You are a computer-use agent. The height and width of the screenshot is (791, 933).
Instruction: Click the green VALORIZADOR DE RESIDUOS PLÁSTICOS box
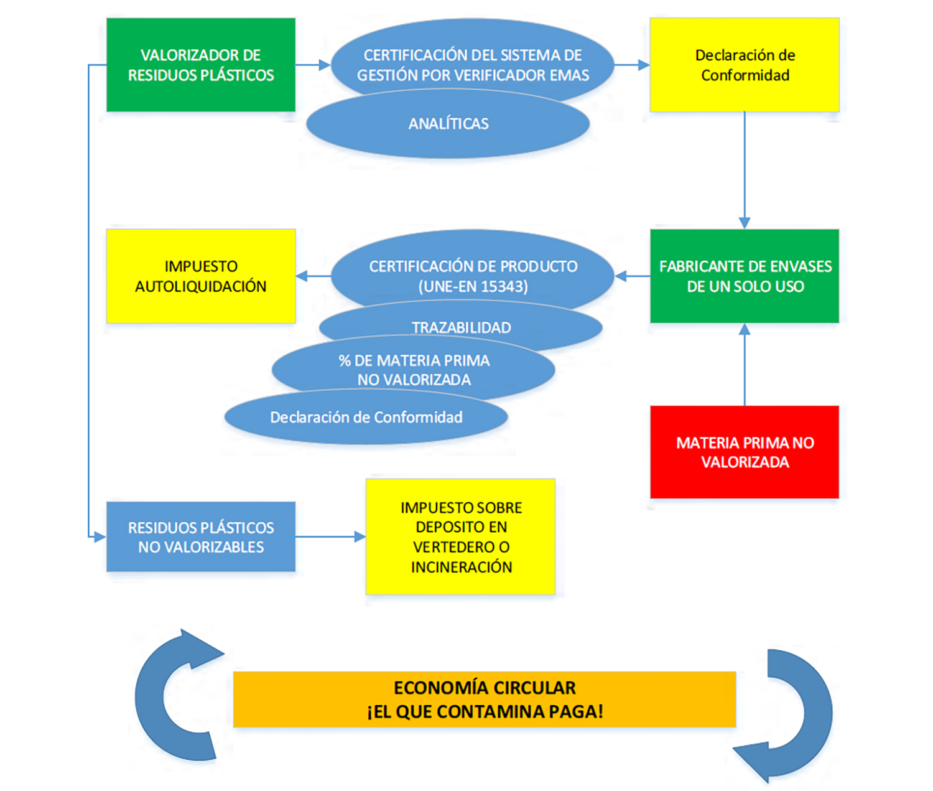(x=200, y=65)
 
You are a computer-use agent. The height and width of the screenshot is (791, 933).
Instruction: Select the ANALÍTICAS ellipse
(x=448, y=124)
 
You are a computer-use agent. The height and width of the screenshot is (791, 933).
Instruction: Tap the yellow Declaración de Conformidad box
(x=745, y=65)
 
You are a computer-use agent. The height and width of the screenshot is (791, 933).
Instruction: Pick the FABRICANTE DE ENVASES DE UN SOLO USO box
(x=745, y=276)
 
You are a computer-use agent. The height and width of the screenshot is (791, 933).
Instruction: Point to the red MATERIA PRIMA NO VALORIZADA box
(x=745, y=452)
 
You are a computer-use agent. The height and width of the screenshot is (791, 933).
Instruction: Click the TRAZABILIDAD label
(x=461, y=327)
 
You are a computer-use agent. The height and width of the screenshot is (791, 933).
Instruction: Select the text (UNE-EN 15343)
(x=473, y=286)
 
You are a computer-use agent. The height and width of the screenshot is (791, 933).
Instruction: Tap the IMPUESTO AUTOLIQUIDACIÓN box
(x=200, y=276)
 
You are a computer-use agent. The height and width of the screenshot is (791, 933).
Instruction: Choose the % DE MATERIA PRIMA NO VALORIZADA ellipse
(x=414, y=370)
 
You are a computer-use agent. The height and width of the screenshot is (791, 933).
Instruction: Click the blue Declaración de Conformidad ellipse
(x=366, y=417)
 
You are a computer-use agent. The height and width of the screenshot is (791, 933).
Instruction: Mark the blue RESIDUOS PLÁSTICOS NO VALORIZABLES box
(x=200, y=537)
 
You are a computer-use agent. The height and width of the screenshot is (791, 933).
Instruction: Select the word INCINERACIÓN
(x=461, y=567)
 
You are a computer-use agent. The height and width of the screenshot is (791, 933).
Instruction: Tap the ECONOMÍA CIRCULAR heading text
(x=485, y=688)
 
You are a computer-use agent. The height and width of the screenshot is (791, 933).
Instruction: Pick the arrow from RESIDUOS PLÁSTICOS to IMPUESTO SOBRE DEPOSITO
(x=330, y=536)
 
